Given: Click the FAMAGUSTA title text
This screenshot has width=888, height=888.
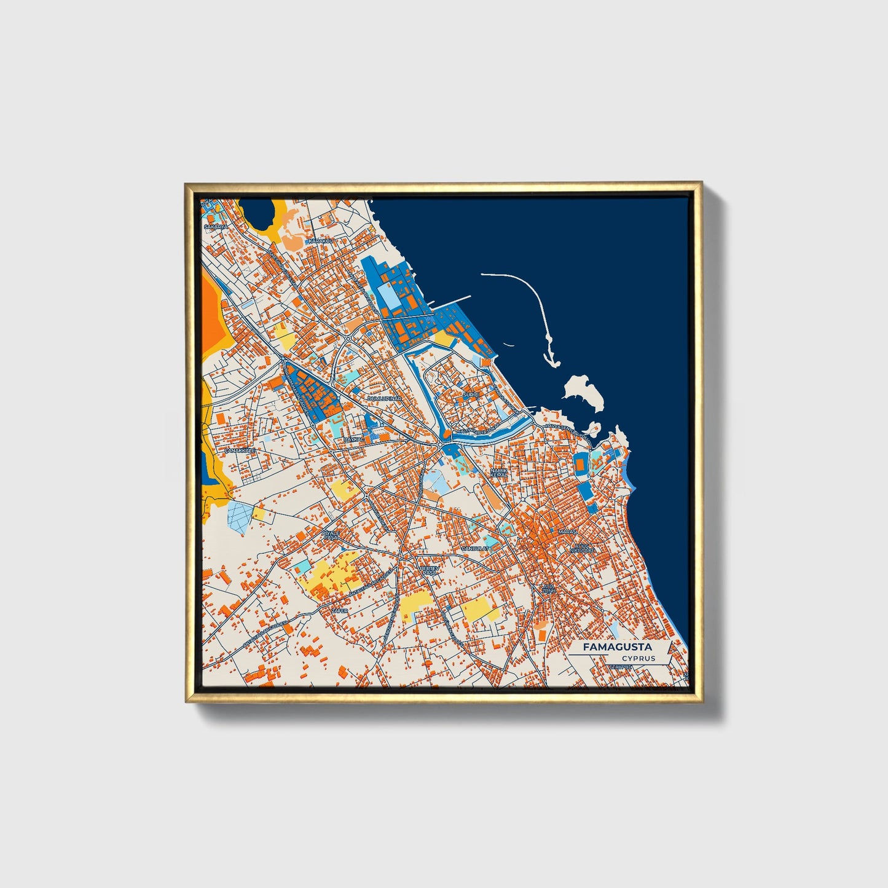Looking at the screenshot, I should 618,647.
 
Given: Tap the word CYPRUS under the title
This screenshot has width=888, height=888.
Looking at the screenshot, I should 638,659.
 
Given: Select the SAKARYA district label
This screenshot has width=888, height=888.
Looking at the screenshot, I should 216,227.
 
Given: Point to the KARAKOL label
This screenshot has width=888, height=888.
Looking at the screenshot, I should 320,241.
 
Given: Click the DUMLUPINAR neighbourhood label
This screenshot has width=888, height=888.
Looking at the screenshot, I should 384,398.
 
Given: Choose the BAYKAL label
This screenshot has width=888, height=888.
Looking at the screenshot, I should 353,440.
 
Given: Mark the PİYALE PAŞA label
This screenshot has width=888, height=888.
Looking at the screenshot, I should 331,535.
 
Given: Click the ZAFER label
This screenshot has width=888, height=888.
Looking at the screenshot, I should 340,611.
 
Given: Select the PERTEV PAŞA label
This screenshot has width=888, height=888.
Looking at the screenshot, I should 428,570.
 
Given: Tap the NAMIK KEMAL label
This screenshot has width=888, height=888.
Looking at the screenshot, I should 499,473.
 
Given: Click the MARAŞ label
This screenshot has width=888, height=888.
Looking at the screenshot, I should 566,531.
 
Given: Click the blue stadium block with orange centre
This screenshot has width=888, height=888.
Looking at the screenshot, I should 580,465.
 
